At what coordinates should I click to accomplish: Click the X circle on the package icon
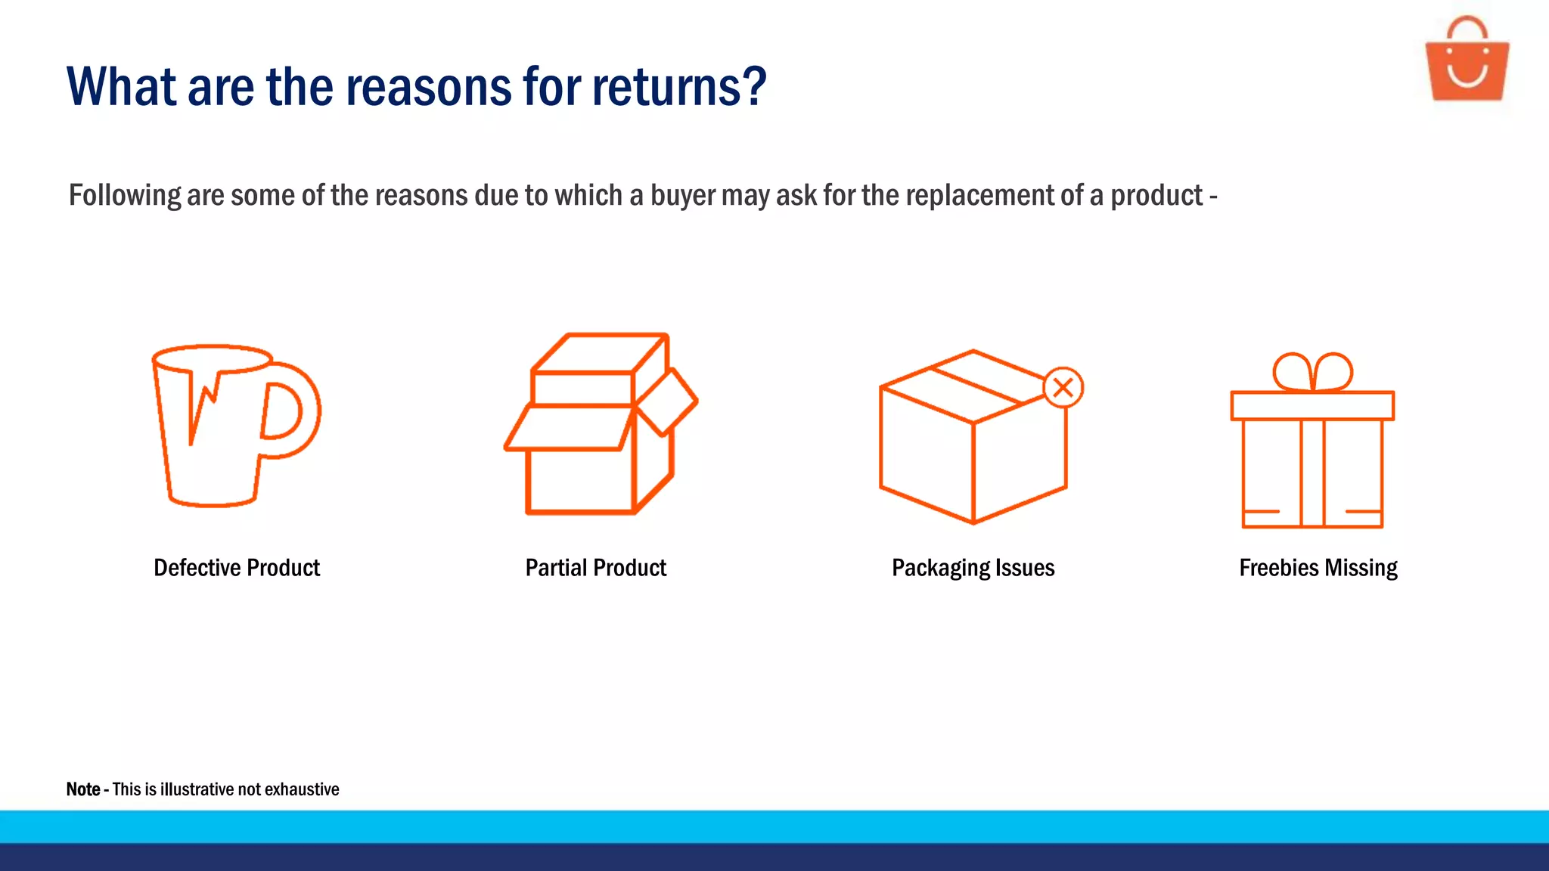1063,388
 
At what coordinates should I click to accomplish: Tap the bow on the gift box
1312,371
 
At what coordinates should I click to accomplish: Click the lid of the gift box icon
1312,406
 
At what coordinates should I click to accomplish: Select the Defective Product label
237,568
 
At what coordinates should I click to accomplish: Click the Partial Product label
596,568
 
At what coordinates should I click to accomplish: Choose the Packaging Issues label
973,568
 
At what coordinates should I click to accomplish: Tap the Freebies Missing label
1318,568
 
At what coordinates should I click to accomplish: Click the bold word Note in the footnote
83,789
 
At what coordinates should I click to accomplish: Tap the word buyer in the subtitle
682,196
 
